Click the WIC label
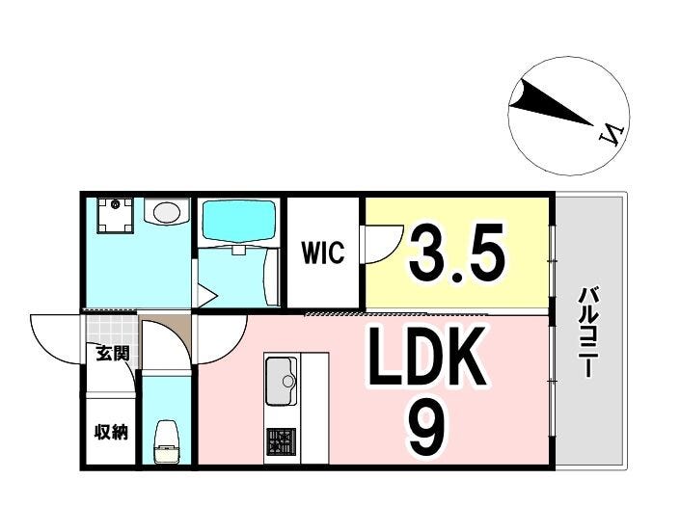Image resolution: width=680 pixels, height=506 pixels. tap(323, 253)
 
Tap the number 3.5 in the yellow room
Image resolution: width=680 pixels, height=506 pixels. tap(456, 253)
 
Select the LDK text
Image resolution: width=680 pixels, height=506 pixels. tap(427, 358)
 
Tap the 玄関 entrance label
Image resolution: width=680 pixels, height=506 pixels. tap(112, 353)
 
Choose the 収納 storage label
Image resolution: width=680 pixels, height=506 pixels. tap(111, 432)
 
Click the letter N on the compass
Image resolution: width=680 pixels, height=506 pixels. tap(611, 133)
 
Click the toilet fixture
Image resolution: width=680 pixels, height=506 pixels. tap(166, 441)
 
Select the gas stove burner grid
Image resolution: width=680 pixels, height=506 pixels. tap(281, 441)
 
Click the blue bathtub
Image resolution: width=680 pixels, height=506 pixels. tap(239, 220)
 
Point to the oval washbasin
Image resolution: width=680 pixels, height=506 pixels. tap(167, 212)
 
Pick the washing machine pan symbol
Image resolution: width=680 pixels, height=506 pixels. tap(116, 215)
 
